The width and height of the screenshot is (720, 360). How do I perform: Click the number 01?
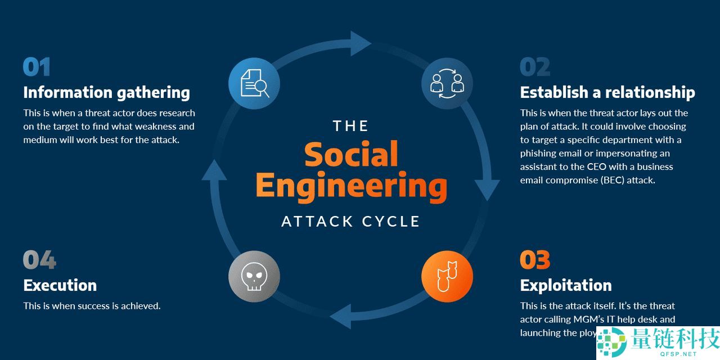point(37,67)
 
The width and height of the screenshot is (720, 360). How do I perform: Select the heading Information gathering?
point(106,92)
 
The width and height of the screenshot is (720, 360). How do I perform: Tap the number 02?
point(534,67)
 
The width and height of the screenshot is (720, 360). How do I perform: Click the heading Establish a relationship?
point(607,92)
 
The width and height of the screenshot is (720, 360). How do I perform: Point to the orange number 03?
point(534,260)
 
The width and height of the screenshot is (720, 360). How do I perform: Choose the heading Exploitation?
point(565,285)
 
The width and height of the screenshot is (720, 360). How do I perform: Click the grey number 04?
point(39,260)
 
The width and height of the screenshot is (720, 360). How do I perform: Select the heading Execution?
point(60,285)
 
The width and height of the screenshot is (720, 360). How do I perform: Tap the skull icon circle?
point(254,276)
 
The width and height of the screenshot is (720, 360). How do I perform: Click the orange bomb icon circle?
point(447,276)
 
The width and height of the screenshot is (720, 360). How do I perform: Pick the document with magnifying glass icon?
point(254,83)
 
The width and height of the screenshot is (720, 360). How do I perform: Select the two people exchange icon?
point(447,83)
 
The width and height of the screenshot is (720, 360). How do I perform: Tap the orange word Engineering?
point(351,186)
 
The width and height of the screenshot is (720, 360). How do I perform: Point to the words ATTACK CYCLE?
point(351,221)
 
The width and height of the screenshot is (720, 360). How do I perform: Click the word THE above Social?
point(350,125)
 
